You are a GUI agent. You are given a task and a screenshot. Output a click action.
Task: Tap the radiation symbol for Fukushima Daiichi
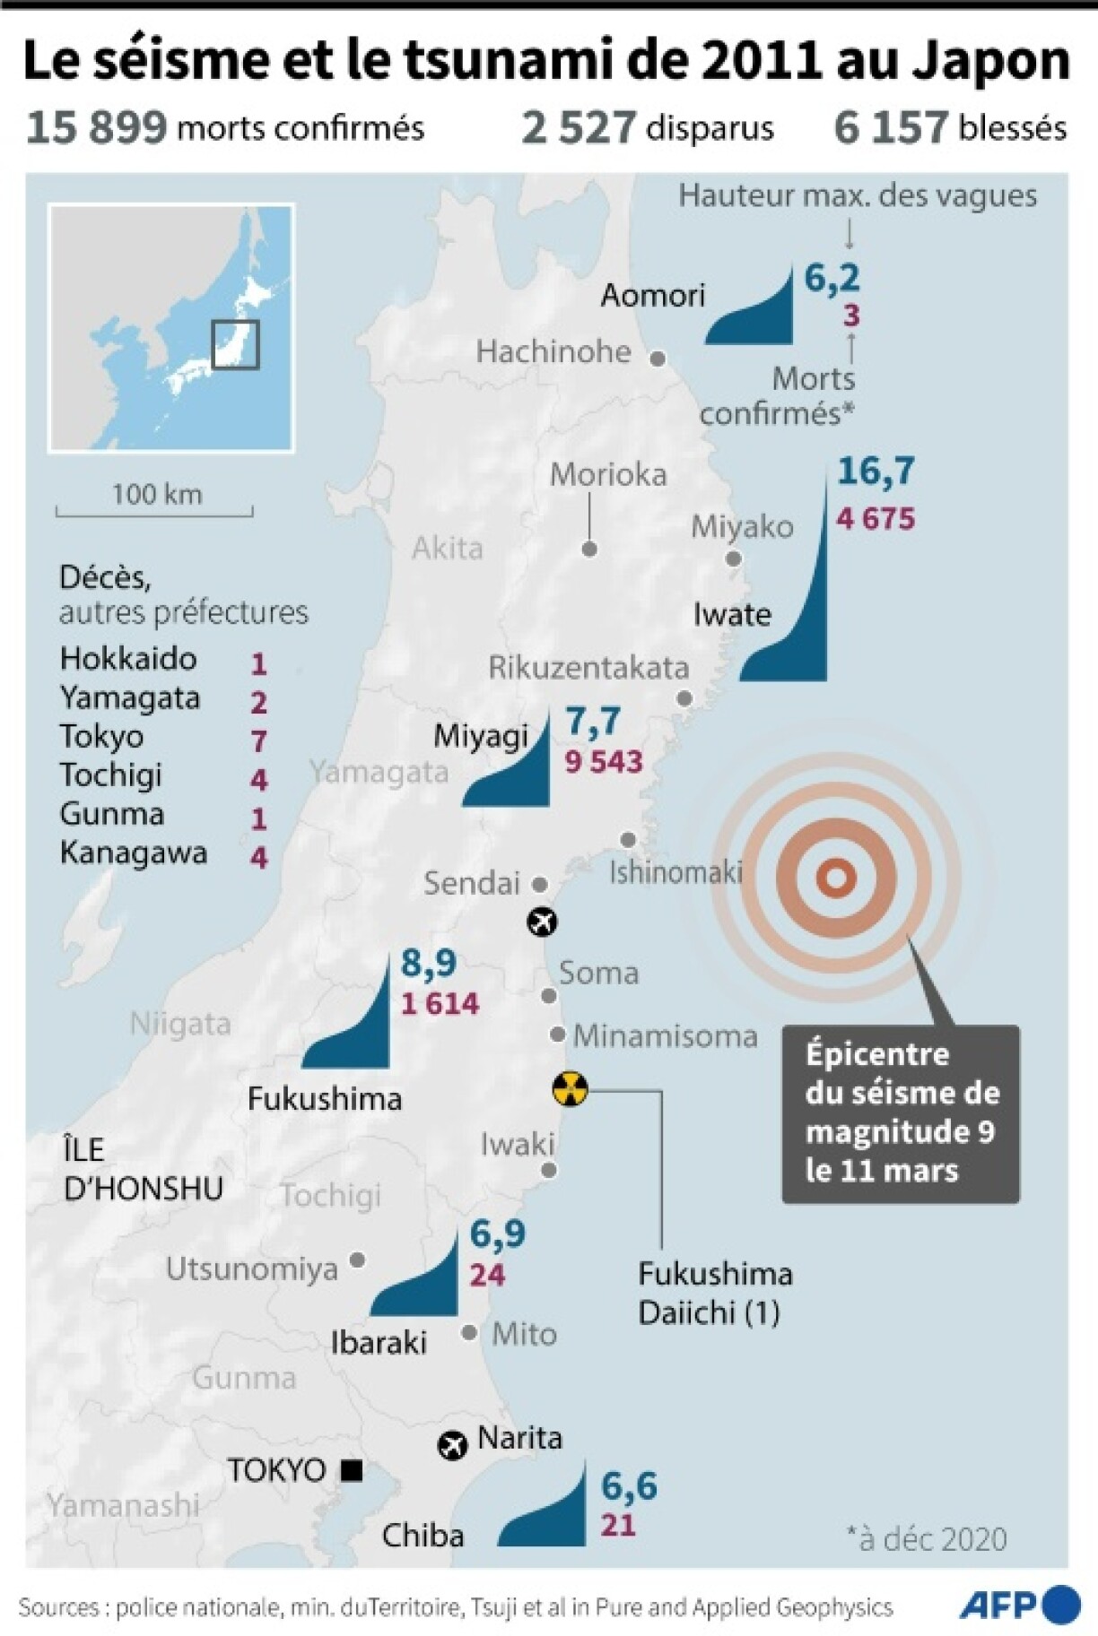570,1090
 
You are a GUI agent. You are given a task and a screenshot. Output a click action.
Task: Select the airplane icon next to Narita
452,1445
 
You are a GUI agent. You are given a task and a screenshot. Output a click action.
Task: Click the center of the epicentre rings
835,879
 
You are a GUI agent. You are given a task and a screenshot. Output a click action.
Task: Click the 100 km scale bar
155,511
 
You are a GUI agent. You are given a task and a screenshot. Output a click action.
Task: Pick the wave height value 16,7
876,472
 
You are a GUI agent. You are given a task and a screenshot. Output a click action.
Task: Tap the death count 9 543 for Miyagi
604,762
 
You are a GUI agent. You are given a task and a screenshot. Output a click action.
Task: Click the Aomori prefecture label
653,295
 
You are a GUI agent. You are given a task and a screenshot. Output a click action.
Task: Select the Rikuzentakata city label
588,668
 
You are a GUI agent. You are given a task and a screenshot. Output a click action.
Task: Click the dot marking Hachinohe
658,359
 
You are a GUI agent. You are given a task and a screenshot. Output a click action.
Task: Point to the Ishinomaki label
675,872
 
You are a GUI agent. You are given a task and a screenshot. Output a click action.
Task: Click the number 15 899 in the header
97,127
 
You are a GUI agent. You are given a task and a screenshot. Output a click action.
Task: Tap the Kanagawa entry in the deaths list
134,853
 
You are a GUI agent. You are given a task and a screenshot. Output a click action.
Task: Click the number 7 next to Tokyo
259,741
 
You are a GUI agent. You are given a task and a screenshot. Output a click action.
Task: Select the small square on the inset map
235,344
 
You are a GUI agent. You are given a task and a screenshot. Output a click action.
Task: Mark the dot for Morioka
589,549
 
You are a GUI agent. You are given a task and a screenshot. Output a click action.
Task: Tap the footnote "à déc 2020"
926,1539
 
